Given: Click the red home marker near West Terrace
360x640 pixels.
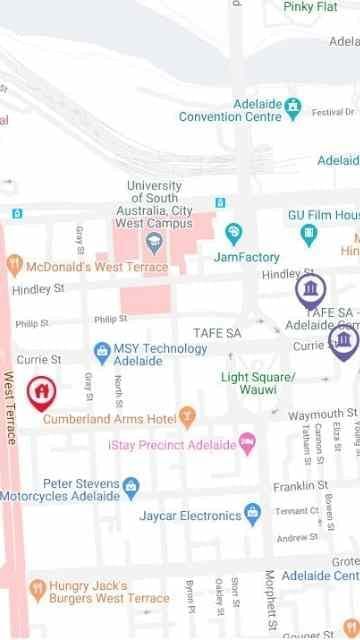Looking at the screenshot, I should [x=40, y=393].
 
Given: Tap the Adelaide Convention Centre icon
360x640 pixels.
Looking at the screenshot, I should [x=293, y=105].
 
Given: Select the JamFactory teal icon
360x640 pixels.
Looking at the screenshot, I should [x=233, y=234].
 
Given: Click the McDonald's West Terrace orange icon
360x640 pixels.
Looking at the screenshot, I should [x=14, y=265].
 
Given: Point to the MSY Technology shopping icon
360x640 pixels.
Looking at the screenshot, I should [x=101, y=352].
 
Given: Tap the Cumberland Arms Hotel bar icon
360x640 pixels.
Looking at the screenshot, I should [x=187, y=415].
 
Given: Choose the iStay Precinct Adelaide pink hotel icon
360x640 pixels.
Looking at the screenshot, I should [x=247, y=442].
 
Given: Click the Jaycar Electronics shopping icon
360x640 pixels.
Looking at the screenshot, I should [x=253, y=514].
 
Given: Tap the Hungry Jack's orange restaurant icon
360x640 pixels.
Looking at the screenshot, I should [x=38, y=588].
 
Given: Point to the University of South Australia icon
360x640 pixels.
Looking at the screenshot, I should [x=155, y=241].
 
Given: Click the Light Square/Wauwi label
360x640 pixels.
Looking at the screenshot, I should [x=258, y=383].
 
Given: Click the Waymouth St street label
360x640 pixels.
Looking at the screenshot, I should [x=322, y=414].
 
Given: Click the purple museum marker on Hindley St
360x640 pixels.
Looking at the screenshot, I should [x=311, y=291].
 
